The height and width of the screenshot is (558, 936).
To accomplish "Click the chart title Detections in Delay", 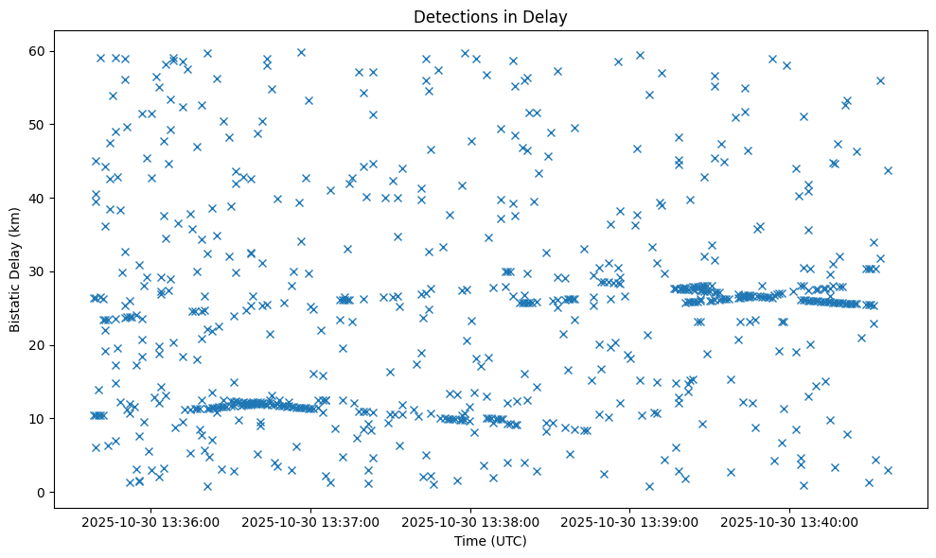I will click(490, 16).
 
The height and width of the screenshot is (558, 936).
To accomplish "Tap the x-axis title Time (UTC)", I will click(490, 541).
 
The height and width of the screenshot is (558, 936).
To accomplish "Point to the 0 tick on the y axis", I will click(43, 493).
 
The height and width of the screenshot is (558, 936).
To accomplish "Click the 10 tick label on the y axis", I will click(39, 419).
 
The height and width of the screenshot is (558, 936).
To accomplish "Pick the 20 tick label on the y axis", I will click(39, 345).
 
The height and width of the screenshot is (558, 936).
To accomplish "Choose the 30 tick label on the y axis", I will click(39, 271).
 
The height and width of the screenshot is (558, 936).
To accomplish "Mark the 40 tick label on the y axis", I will click(39, 198).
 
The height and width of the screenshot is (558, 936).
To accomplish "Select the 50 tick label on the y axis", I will click(39, 124).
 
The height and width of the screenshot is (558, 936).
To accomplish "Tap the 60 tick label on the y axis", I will click(39, 51).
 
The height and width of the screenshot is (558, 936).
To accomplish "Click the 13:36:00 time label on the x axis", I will click(151, 521).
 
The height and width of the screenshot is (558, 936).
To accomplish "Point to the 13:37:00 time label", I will click(311, 521).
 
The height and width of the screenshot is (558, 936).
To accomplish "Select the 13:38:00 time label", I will click(471, 521).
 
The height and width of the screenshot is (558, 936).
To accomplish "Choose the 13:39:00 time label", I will click(631, 521).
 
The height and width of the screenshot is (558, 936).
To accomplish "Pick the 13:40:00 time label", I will click(791, 521).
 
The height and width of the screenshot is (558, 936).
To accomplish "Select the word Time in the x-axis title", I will click(469, 541).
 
